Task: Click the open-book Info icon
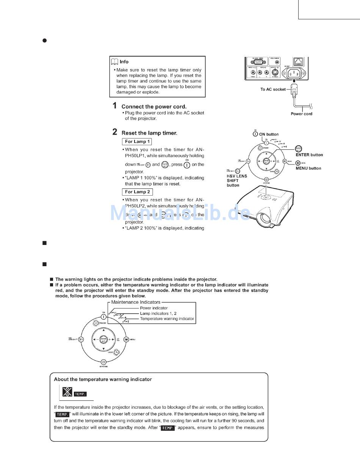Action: coord(114,62)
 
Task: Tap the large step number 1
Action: coord(114,106)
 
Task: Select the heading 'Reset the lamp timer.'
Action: coord(149,133)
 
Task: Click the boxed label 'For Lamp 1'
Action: coord(137,141)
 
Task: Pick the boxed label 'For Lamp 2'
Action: coord(137,192)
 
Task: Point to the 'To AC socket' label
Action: coord(273,89)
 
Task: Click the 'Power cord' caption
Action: coord(301,114)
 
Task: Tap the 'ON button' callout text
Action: coord(269,134)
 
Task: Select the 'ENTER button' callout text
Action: coord(309,155)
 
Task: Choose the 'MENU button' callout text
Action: coord(308,168)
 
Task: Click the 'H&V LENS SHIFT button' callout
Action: coord(237,180)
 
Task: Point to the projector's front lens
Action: coord(263,218)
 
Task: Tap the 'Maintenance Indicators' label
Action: coord(136,302)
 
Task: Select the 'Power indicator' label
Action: coord(154,308)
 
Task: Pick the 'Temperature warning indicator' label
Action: coord(167,319)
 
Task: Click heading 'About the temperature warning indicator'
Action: coord(103,379)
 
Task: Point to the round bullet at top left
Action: coord(44,40)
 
